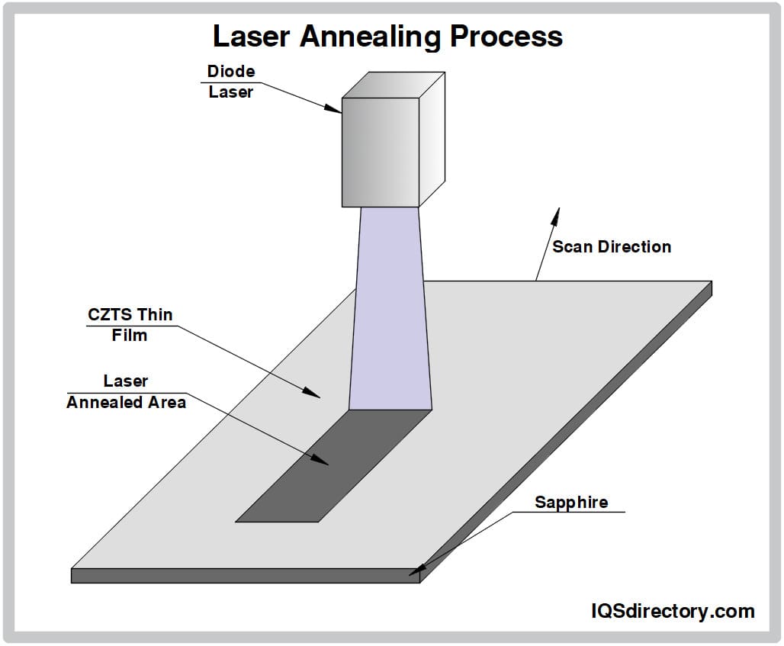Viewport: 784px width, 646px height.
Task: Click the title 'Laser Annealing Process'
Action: point(387,36)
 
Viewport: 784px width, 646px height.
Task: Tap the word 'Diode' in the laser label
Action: point(231,72)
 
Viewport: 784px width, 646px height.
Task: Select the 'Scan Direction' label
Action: point(612,246)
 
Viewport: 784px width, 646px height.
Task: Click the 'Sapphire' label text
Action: point(571,502)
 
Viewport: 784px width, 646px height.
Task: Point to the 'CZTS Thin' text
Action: point(130,314)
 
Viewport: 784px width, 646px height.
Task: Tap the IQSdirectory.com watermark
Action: point(673,610)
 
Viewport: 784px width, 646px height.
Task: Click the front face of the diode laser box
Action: point(380,153)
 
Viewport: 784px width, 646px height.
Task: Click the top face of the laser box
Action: point(394,85)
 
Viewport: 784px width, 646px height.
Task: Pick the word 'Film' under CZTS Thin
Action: point(130,334)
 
